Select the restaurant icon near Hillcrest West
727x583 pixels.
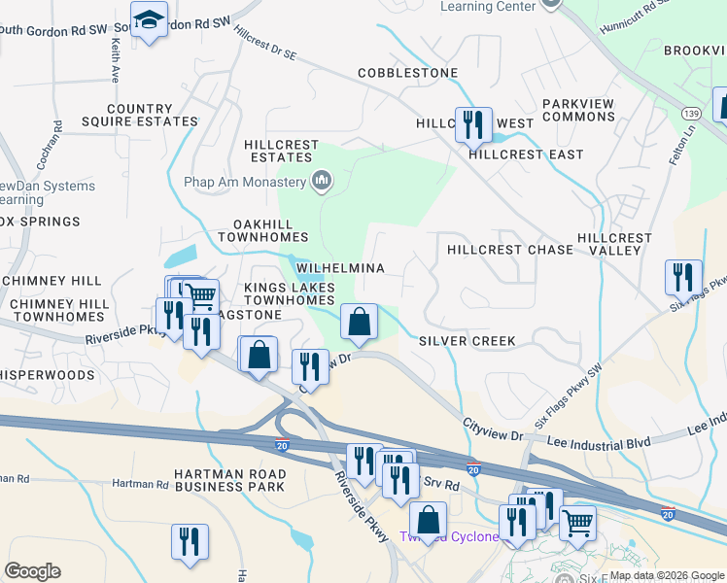point(473,125)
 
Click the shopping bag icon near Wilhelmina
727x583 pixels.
point(359,321)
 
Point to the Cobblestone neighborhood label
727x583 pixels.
point(407,73)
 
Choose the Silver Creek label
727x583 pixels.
point(467,341)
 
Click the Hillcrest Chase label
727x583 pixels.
point(510,250)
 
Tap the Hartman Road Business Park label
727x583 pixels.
point(228,479)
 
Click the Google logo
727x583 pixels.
point(32,571)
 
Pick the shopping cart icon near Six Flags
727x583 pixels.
point(577,524)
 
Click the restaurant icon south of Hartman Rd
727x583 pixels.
point(190,542)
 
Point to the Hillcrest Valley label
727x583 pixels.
point(614,244)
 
